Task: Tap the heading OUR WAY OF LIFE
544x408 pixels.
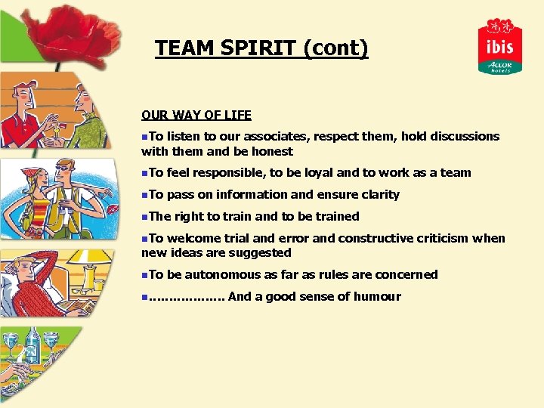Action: [x=196, y=116]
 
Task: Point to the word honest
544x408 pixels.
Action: [x=271, y=151]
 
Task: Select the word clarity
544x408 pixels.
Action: [x=376, y=195]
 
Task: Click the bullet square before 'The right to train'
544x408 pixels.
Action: [x=144, y=217]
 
